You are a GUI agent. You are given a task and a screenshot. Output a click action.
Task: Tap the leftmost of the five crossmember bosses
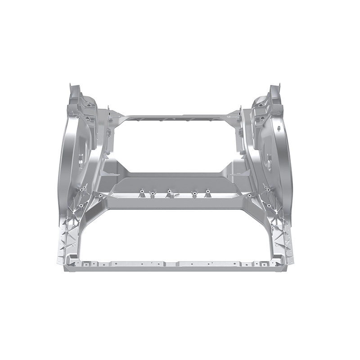140,194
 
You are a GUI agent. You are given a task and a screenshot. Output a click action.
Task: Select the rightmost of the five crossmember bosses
207,194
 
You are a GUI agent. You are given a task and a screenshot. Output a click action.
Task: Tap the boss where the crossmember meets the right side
249,196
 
